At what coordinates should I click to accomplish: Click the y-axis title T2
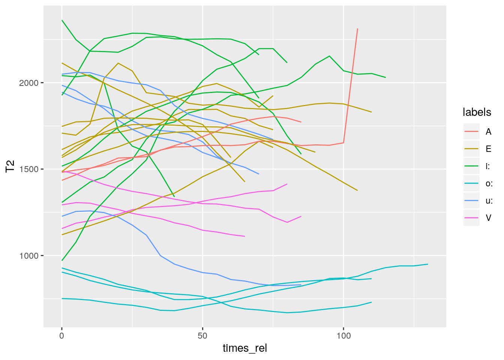(x=10, y=166)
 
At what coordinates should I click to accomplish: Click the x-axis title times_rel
(x=244, y=348)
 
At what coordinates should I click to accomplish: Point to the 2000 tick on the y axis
(x=29, y=83)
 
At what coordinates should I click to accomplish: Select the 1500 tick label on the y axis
(x=29, y=169)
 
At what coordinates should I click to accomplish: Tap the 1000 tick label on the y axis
(x=29, y=256)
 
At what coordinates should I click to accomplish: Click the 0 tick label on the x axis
(x=62, y=336)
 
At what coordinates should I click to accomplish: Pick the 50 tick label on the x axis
(x=202, y=336)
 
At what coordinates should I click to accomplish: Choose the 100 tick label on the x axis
(x=343, y=336)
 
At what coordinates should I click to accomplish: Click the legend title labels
(x=477, y=112)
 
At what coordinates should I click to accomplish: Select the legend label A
(x=488, y=132)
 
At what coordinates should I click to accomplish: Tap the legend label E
(x=488, y=149)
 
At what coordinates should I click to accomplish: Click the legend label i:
(x=487, y=166)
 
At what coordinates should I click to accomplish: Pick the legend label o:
(x=489, y=183)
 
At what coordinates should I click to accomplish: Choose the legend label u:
(x=489, y=201)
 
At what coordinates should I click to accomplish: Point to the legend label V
(x=488, y=218)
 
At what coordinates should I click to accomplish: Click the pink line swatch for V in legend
(x=471, y=218)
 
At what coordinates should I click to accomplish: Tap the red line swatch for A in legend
(x=471, y=132)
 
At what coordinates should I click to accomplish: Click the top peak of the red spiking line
(x=357, y=29)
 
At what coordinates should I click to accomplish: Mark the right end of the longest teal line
(x=427, y=264)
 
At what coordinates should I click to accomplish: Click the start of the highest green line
(x=62, y=20)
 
